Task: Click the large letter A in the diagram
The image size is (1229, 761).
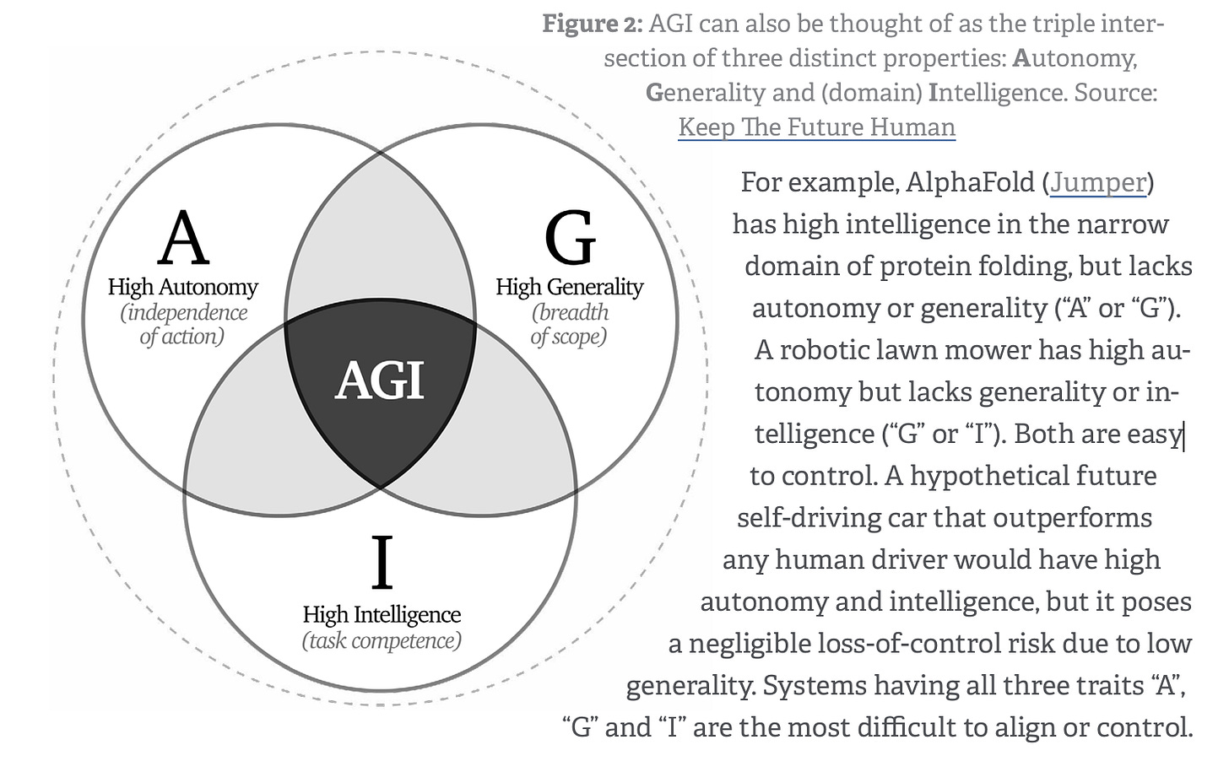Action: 183,239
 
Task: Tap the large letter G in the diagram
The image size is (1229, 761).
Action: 570,239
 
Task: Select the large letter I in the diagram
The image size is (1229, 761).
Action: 382,563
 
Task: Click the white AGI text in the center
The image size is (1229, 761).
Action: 380,380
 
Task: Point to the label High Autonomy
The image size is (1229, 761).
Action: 183,287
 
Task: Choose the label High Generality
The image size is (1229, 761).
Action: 570,287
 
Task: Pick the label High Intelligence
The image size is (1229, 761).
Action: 382,614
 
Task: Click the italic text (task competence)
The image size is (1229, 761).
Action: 382,640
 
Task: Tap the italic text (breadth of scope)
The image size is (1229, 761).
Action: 570,324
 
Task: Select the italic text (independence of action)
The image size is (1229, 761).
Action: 183,324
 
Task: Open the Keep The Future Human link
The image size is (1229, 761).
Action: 816,127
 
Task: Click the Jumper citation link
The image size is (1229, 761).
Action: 1098,182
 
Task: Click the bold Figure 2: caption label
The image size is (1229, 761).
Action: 592,24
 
